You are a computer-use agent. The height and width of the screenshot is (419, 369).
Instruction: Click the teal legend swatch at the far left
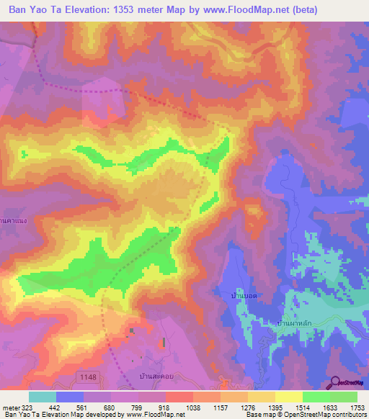(43, 397)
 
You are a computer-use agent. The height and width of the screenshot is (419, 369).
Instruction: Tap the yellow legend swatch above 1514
(289, 397)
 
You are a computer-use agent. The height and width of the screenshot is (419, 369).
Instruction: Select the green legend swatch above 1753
(344, 397)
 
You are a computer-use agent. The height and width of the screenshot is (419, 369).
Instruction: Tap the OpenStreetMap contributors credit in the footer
(329, 415)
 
